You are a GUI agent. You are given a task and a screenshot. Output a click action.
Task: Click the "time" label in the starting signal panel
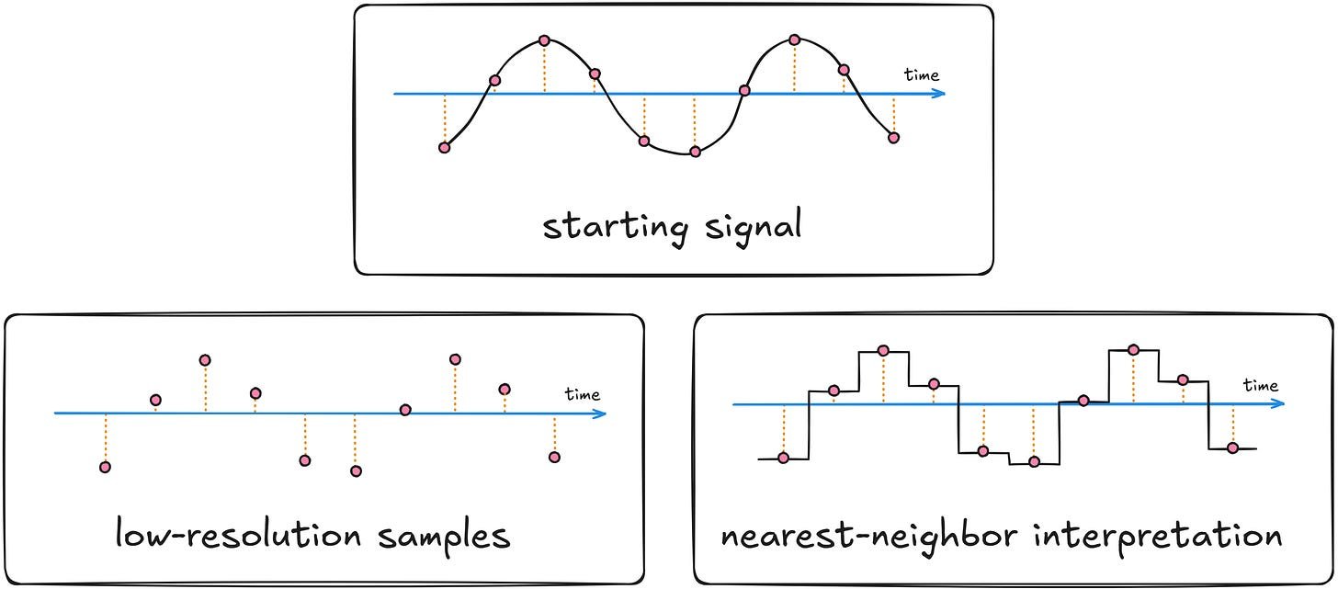coord(922,75)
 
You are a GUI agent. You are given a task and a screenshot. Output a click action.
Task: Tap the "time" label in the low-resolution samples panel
coord(583,395)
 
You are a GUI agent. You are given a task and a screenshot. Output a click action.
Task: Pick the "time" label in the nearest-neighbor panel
coord(1261,386)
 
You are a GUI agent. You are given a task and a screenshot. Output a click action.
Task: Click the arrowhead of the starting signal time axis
coord(940,94)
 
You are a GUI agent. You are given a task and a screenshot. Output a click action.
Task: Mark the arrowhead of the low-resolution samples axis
coord(601,413)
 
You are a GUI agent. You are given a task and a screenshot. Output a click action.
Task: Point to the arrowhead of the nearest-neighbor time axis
coord(1279,404)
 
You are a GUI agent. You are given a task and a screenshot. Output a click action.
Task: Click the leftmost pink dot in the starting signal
coord(445,147)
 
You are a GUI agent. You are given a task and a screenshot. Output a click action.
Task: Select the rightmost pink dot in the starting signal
coord(893,137)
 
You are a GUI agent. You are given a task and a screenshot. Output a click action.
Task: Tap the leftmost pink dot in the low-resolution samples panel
coord(105,467)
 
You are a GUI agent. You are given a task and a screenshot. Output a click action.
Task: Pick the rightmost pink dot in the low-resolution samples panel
coord(553,457)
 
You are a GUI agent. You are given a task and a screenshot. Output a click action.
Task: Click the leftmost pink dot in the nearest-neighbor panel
coord(783,458)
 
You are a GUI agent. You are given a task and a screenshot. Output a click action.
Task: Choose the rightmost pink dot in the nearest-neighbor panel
coord(1232,447)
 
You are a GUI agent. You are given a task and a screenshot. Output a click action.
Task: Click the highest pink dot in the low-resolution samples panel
coord(205,359)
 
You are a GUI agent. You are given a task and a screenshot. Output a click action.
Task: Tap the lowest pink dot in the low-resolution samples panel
coord(356,471)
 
